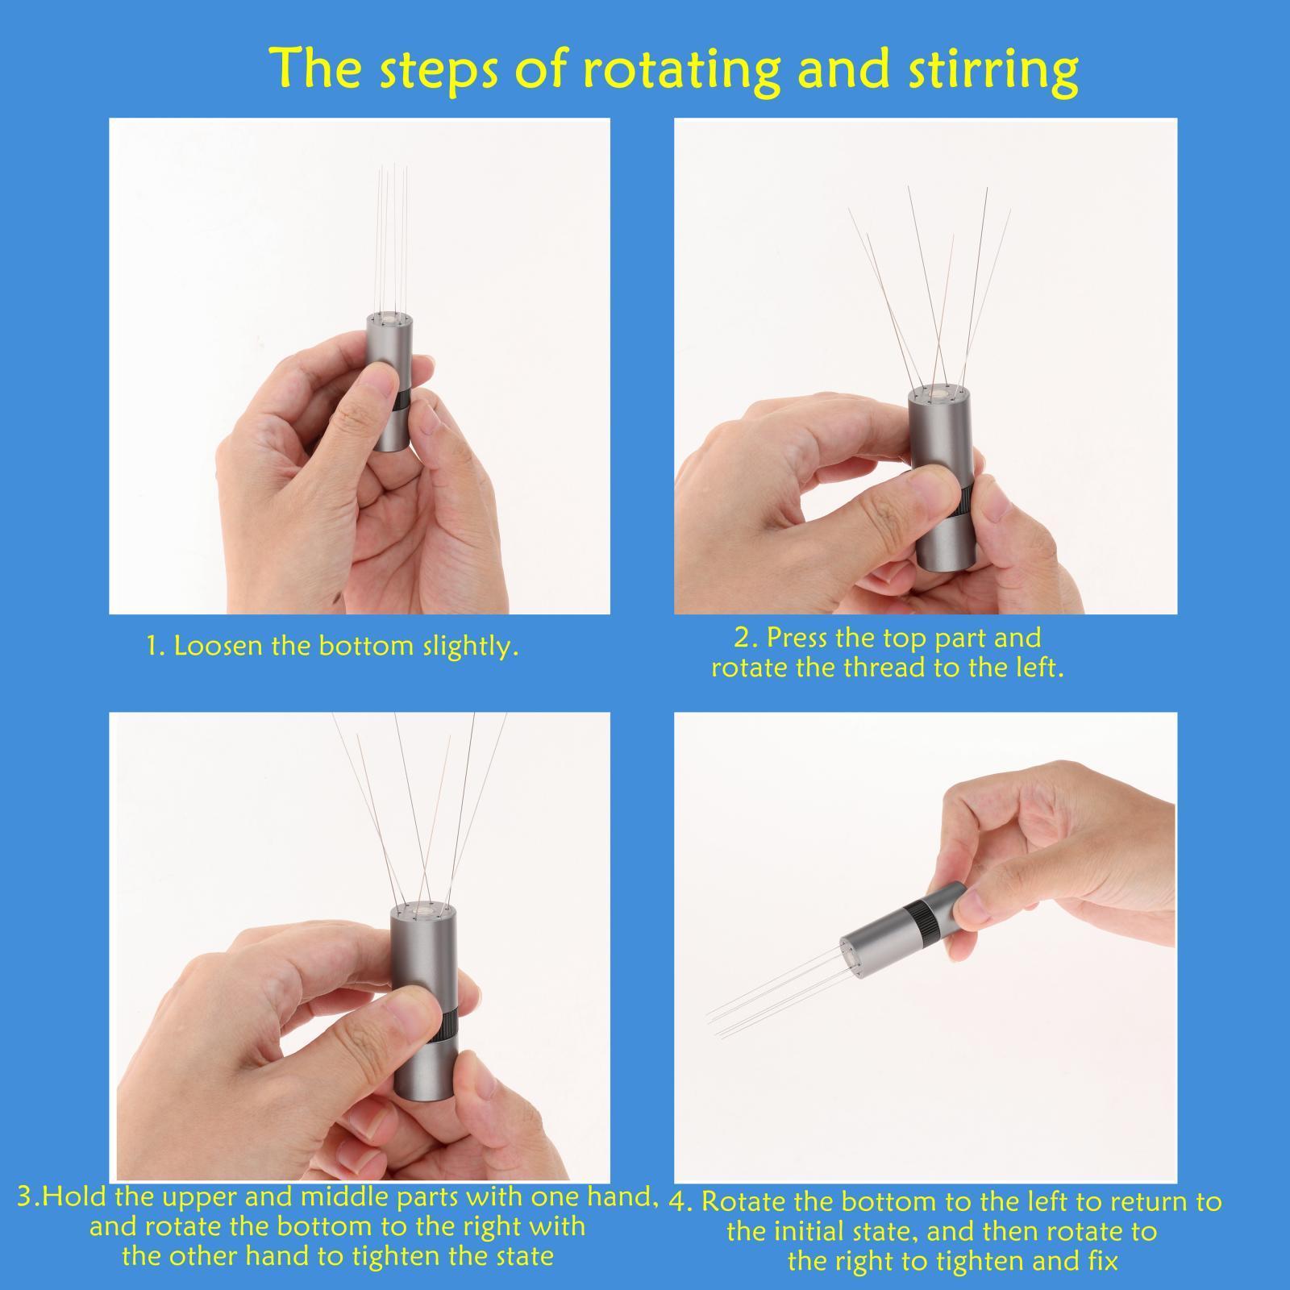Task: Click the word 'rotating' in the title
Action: (679, 70)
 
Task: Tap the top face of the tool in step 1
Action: (391, 320)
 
